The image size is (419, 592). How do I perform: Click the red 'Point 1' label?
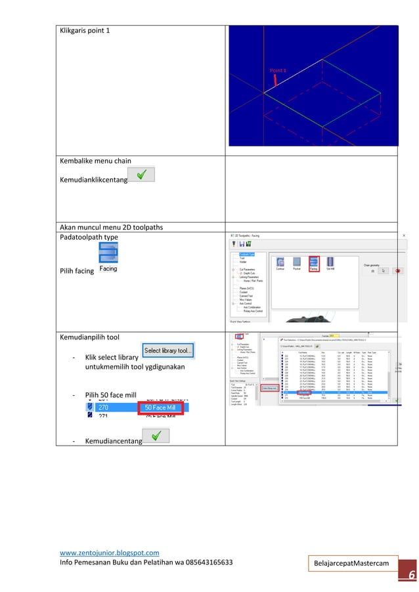[x=278, y=70]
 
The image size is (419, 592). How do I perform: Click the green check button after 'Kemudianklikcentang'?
[x=142, y=175]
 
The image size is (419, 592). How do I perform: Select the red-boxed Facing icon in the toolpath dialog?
[x=314, y=263]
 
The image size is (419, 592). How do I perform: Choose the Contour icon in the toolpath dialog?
[x=280, y=263]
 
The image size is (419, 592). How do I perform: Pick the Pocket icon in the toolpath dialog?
[x=297, y=263]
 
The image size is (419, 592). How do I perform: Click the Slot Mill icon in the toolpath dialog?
[x=330, y=263]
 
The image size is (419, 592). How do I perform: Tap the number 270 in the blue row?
[x=103, y=408]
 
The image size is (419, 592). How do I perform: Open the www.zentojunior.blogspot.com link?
[x=109, y=553]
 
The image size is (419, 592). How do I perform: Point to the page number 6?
[x=410, y=576]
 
